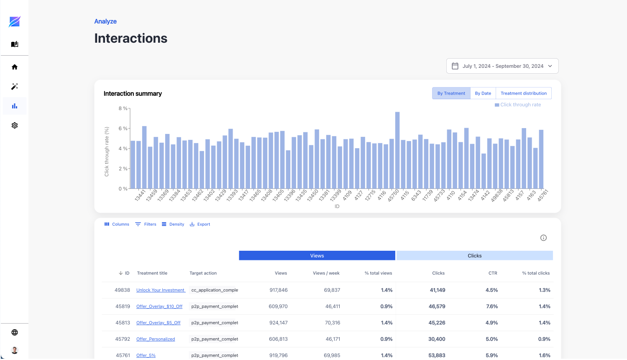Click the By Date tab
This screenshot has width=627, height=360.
tap(483, 93)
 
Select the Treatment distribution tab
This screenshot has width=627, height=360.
tap(523, 93)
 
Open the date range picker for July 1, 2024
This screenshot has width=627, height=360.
tap(502, 66)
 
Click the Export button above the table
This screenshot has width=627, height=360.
tap(200, 224)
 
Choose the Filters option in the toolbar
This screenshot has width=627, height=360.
tap(146, 224)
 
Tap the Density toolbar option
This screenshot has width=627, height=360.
tap(173, 224)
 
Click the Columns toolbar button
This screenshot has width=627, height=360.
tap(117, 224)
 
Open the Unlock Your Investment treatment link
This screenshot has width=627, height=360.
tap(161, 290)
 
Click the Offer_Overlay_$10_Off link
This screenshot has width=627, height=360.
tap(159, 306)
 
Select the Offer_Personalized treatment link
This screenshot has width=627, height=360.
tap(156, 339)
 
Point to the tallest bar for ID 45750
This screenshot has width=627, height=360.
tap(397, 151)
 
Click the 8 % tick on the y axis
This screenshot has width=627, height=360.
tap(123, 108)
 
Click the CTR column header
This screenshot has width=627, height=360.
tap(493, 273)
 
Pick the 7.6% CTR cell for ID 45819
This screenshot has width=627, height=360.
tap(492, 306)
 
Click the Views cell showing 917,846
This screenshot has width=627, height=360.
tap(278, 290)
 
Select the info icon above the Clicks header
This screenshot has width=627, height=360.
tap(543, 238)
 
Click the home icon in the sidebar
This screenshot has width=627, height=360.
tap(15, 67)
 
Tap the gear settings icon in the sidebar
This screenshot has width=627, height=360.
tap(15, 126)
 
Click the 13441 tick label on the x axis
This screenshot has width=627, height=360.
tap(140, 195)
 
